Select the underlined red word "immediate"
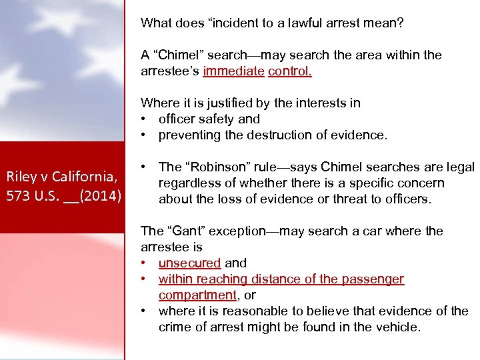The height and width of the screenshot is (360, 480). (x=234, y=71)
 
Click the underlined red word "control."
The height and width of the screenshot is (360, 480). (x=290, y=71)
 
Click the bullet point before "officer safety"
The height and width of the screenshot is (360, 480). (x=143, y=119)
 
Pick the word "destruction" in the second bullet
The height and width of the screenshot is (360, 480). (x=263, y=135)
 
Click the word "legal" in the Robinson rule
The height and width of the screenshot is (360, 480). (x=459, y=167)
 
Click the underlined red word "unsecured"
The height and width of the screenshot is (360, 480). (x=189, y=263)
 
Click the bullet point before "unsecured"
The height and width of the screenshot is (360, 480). (x=143, y=263)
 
